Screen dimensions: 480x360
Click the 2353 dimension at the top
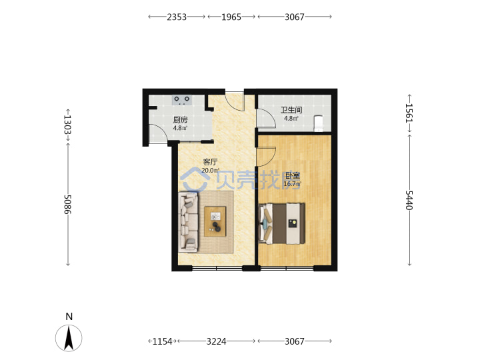point(177,17)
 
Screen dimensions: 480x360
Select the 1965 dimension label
point(231,17)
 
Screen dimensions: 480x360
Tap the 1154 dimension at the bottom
point(162,341)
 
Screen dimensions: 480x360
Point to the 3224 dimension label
point(217,341)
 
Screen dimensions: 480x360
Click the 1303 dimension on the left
point(67,125)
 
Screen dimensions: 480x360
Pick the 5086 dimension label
point(67,205)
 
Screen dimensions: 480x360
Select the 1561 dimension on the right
point(409,113)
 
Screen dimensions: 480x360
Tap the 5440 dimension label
point(409,200)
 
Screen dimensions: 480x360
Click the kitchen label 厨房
point(180,120)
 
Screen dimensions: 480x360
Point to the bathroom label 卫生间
point(292,109)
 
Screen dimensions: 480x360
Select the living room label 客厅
point(210,161)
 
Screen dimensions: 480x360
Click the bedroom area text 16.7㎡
point(293,184)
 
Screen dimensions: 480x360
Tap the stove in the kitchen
point(182,100)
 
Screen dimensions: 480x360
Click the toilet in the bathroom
point(319,123)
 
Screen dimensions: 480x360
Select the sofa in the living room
point(188,222)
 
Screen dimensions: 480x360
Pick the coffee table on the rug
point(215,221)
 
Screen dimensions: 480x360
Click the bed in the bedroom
point(281,223)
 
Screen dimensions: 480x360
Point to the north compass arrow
point(69,338)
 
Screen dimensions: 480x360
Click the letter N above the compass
point(69,317)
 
